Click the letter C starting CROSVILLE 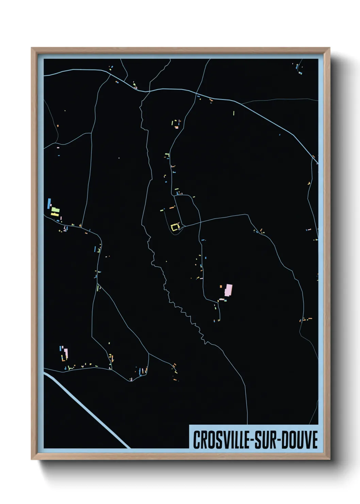tap(196, 440)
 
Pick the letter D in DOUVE tap(287, 440)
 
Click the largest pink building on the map tap(228, 290)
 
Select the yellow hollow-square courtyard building tap(175, 227)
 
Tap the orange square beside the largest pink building tap(221, 286)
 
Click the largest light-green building tap(55, 210)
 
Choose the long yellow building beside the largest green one tap(55, 214)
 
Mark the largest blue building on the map tap(49, 204)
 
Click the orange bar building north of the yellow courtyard tap(172, 207)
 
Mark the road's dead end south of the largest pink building tap(219, 320)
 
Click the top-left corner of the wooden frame tap(32, 48)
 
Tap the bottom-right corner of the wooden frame tap(329, 459)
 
